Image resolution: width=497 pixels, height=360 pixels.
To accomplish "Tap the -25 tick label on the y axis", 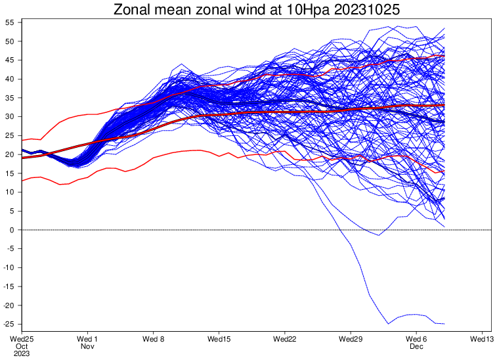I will (x=9, y=325).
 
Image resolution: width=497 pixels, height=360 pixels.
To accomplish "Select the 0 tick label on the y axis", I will (x=12, y=230).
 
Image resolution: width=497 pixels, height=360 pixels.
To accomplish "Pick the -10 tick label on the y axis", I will (x=9, y=268).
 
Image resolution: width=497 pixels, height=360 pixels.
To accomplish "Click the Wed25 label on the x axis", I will (x=22, y=338).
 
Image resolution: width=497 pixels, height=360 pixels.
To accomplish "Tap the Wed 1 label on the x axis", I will (x=87, y=338).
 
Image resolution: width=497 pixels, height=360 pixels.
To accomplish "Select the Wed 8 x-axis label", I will (x=153, y=338).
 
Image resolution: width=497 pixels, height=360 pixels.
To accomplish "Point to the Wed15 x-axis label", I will (x=219, y=338).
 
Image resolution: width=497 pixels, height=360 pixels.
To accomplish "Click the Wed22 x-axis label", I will (x=284, y=338).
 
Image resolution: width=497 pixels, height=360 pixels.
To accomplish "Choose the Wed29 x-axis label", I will (x=350, y=338).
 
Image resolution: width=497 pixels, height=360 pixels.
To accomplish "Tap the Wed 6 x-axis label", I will (x=416, y=338).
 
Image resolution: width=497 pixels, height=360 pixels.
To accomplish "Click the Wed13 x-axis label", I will (x=481, y=338).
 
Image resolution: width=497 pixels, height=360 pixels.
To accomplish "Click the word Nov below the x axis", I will (x=87, y=346).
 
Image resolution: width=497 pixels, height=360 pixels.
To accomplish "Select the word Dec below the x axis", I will (x=416, y=346).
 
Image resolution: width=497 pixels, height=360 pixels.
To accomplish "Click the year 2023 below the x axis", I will (x=22, y=353).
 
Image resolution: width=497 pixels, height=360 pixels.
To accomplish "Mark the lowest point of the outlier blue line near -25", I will (x=389, y=324).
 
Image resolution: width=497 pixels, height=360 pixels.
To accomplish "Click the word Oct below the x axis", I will (x=22, y=346).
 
